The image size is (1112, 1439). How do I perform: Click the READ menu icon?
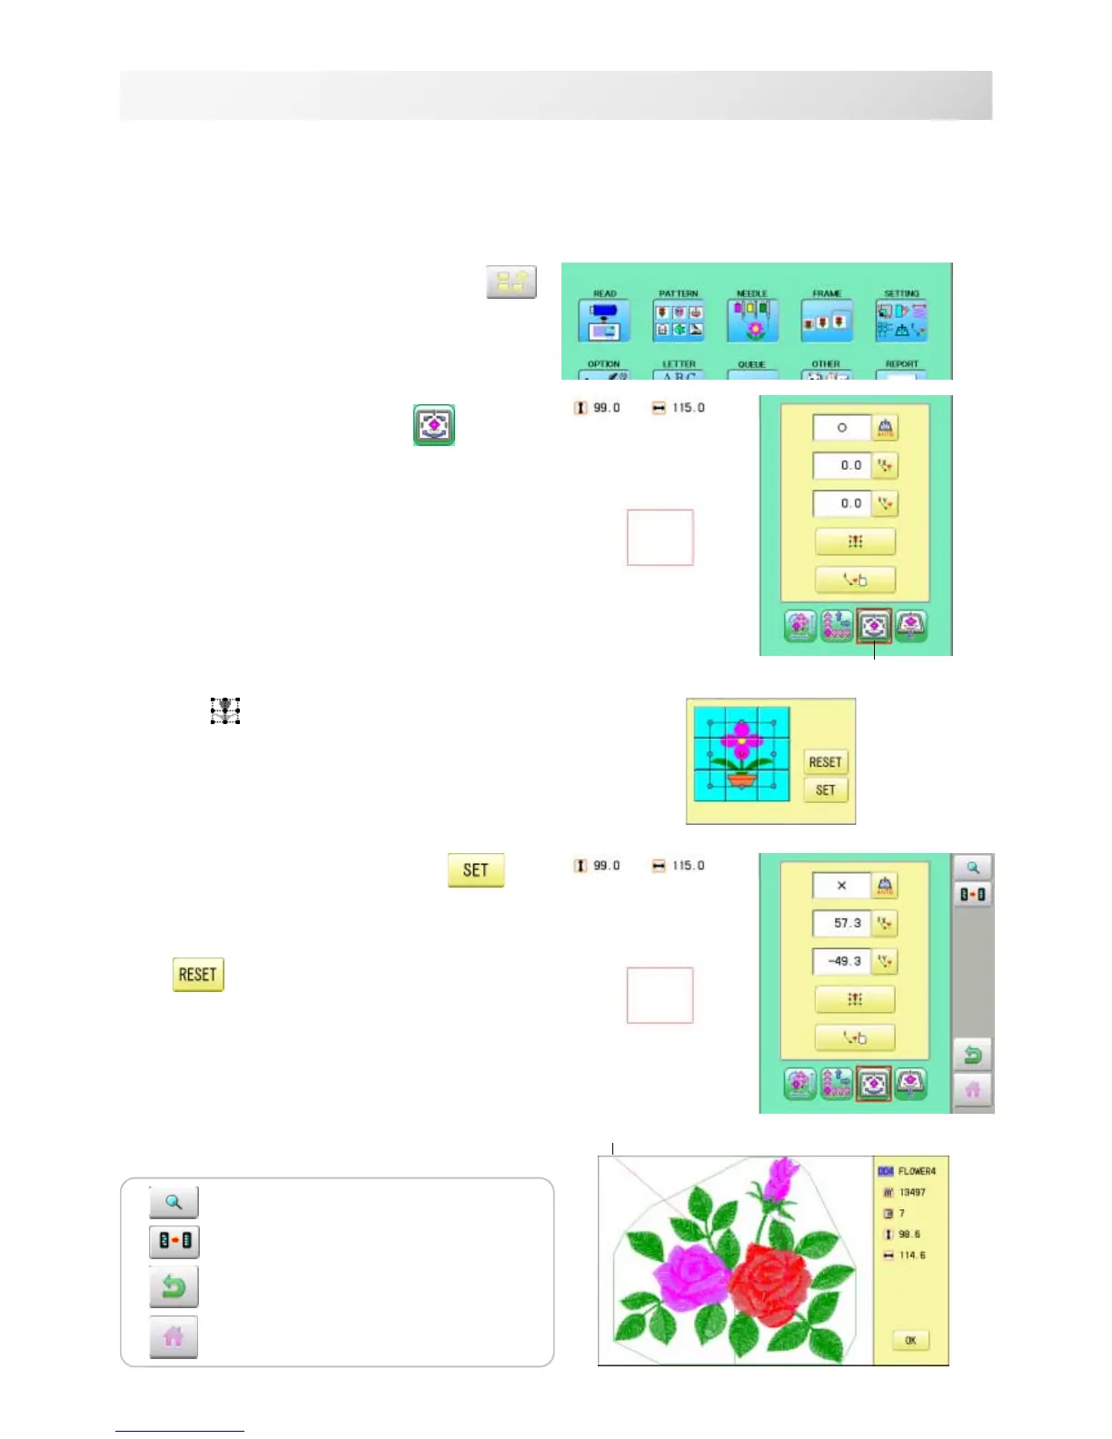604,320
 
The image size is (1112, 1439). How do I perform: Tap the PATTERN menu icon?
679,320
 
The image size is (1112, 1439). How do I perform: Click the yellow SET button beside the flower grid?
825,790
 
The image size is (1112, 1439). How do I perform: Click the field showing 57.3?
841,923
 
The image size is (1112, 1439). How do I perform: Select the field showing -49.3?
841,961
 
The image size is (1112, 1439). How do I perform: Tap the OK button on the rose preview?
910,1340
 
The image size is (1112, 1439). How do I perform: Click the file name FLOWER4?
917,1171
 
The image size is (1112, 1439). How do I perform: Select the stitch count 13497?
912,1192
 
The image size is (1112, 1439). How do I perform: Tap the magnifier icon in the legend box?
174,1202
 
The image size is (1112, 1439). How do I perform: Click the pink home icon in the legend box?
174,1336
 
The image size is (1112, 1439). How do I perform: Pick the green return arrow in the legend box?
174,1286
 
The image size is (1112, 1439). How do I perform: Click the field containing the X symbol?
841,885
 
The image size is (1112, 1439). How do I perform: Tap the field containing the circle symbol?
841,427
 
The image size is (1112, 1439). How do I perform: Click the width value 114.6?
912,1255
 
